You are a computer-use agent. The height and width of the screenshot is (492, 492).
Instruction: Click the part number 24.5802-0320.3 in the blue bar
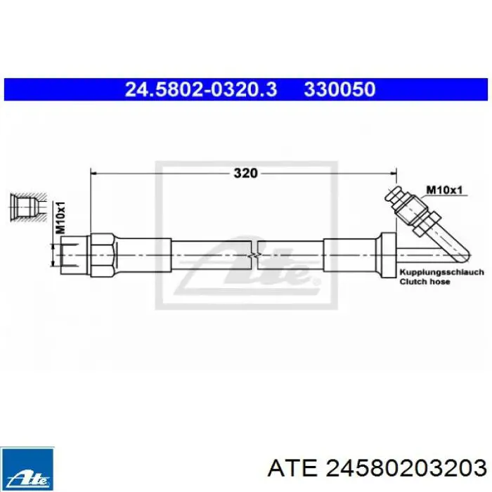[x=201, y=89]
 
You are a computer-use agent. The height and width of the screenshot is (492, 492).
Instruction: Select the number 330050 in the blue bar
[x=339, y=89]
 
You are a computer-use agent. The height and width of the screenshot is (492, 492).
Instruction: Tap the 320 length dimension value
[x=245, y=173]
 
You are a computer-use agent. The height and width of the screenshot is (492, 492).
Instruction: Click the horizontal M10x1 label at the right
[x=444, y=189]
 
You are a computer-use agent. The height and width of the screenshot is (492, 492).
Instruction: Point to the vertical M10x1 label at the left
[x=61, y=218]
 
